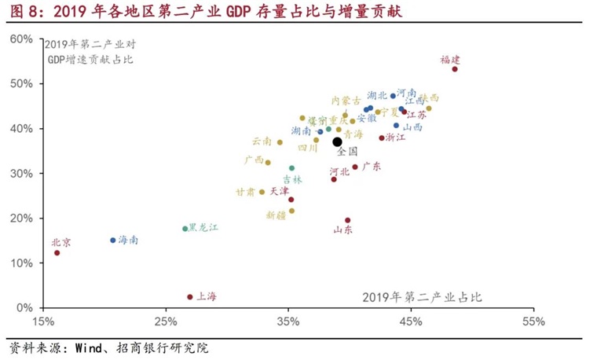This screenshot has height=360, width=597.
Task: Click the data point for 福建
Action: click(x=455, y=69)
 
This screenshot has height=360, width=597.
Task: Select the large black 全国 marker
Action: click(x=337, y=142)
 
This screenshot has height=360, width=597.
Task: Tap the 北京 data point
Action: click(x=57, y=253)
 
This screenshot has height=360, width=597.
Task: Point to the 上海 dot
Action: click(x=189, y=297)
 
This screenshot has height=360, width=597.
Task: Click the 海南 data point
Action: click(x=112, y=241)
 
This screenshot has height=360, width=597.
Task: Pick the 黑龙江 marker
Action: click(x=185, y=229)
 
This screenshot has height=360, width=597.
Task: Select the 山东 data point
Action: click(x=347, y=221)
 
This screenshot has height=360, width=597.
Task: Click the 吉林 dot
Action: click(x=291, y=168)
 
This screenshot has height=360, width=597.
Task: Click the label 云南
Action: click(x=262, y=142)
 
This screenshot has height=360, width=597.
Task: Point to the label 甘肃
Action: click(x=245, y=192)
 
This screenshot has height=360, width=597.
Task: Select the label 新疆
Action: click(x=275, y=215)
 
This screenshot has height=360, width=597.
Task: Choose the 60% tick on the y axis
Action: click(x=22, y=39)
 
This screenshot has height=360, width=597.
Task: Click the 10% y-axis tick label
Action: click(x=22, y=263)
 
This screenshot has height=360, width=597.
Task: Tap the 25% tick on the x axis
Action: click(x=166, y=321)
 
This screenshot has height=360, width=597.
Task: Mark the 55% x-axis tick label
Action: click(x=533, y=321)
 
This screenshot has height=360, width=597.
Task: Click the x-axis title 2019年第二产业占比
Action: click(x=422, y=297)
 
